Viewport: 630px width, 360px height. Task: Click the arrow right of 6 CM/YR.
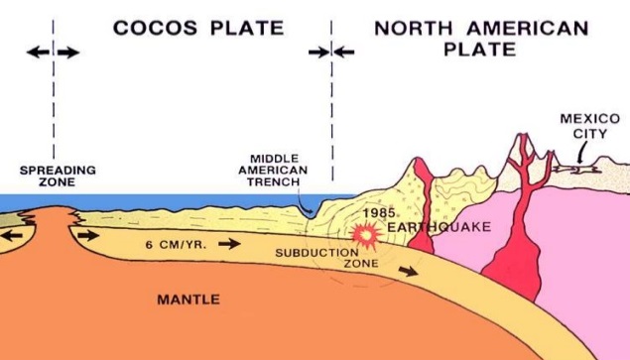point(229,242)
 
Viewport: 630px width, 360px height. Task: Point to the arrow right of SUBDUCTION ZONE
point(407,270)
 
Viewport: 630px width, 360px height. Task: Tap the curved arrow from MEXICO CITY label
point(577,154)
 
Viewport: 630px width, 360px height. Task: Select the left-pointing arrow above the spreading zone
point(37,52)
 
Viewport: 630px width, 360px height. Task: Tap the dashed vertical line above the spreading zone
point(55,109)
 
